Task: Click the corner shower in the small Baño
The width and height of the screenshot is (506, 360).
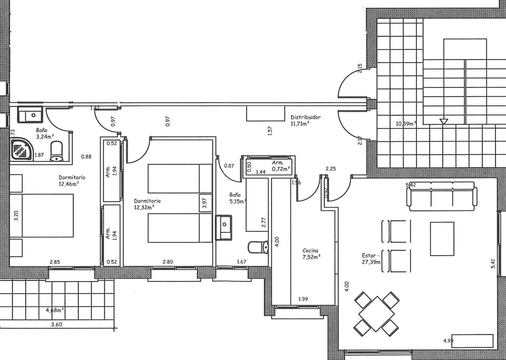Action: [x=22, y=150]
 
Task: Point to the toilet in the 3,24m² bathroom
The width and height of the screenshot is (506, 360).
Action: [x=57, y=152]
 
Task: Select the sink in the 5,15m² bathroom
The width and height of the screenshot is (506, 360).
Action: [x=223, y=227]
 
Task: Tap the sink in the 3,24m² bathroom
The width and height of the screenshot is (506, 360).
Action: [x=30, y=114]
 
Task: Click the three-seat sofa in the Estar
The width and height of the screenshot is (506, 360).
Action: [x=441, y=196]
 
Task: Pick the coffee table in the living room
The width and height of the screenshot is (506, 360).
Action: [x=442, y=238]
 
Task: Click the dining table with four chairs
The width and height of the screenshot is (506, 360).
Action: [x=376, y=314]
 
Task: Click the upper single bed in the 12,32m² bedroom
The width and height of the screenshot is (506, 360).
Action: [x=173, y=178]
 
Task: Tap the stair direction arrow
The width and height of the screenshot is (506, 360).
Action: [x=443, y=121]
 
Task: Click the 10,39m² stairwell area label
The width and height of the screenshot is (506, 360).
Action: [x=405, y=124]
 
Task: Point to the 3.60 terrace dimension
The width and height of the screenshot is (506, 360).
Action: [x=56, y=325]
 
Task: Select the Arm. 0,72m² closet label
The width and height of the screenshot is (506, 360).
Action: [x=280, y=166]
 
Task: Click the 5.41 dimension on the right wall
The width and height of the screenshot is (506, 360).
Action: [x=493, y=264]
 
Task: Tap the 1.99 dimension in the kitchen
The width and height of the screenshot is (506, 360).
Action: [x=303, y=299]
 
